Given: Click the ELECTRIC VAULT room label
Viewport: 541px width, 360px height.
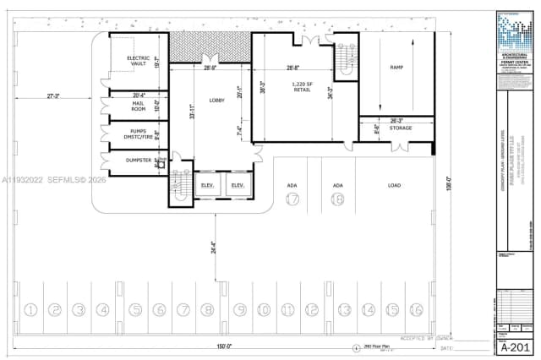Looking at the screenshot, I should click(x=139, y=60).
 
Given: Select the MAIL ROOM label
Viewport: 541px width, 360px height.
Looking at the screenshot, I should click(x=139, y=106).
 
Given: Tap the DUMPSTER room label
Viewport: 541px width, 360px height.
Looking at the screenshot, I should click(x=138, y=160).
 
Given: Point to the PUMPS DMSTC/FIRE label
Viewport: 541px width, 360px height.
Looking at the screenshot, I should click(x=139, y=134).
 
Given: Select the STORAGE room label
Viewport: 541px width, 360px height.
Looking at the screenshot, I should click(x=401, y=128).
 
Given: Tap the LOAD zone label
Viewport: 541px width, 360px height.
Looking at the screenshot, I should click(x=394, y=185).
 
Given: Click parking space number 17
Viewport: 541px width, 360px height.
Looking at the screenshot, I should click(x=292, y=200).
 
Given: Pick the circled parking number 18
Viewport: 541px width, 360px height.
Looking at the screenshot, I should click(x=337, y=200).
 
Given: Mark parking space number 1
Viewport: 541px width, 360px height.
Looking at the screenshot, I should click(x=31, y=310).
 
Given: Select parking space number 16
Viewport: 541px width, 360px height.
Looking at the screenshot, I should click(x=415, y=310).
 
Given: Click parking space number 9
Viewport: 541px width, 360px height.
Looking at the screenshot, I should click(x=240, y=310).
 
